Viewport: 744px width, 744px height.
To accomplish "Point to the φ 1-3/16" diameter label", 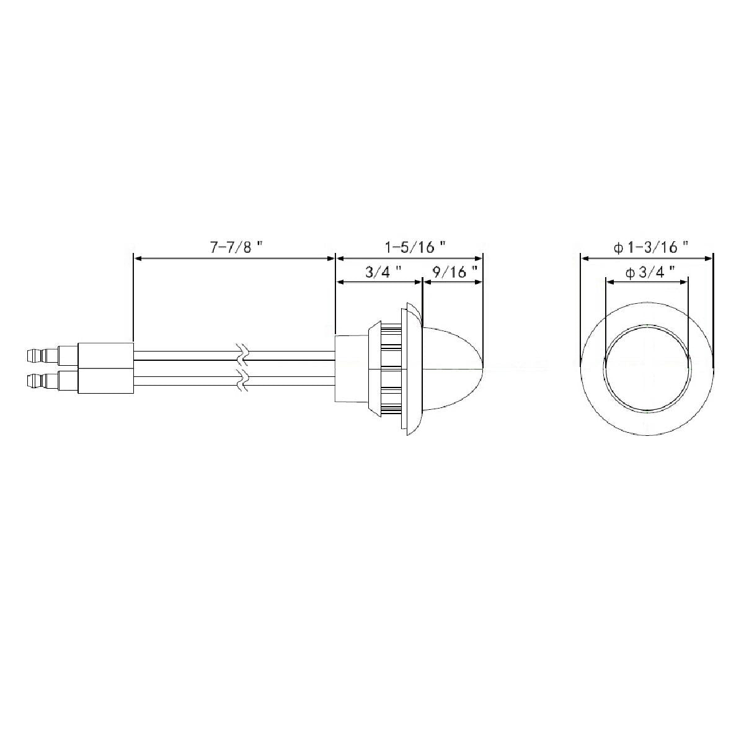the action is click(651, 247).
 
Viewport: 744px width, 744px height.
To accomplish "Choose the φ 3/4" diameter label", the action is click(650, 273).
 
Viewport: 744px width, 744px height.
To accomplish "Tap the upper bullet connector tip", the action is click(35, 355).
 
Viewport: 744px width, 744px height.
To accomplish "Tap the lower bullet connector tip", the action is click(35, 380).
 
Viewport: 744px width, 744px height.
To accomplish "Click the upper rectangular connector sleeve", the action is click(106, 355).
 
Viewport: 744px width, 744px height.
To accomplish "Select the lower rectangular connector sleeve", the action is click(106, 381).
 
